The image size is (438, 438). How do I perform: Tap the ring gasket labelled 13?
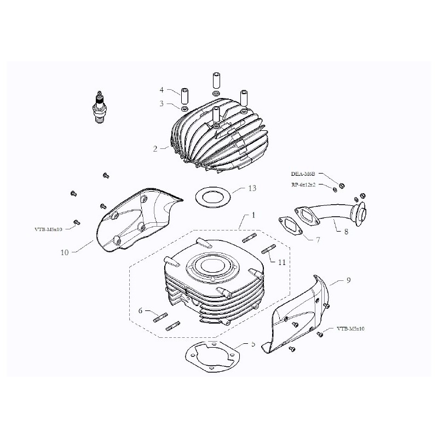click(x=210, y=195)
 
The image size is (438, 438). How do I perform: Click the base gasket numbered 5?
click(x=211, y=358)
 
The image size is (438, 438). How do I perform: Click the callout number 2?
click(x=155, y=148)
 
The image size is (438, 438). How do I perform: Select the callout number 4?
click(x=162, y=89)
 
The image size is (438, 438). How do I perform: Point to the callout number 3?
click(x=162, y=103)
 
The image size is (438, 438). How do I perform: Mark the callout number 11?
click(x=281, y=263)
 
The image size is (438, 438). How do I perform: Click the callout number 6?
click(x=141, y=310)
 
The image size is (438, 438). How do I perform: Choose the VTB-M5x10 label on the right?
click(x=351, y=329)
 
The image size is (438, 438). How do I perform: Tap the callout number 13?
click(x=252, y=188)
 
